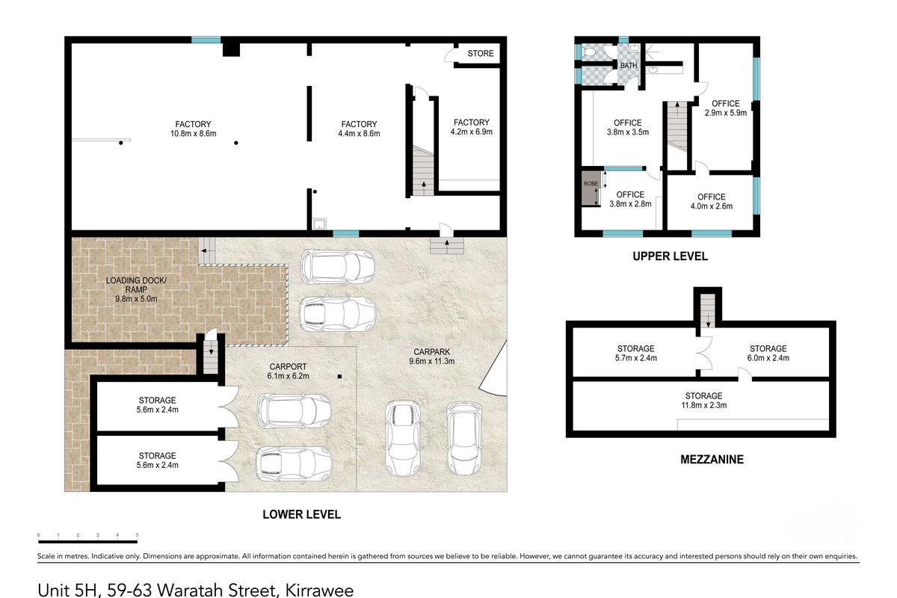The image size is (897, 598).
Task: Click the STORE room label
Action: click(x=481, y=53)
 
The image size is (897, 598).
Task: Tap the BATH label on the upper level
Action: click(x=629, y=65)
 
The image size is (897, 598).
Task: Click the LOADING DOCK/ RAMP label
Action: click(x=136, y=289)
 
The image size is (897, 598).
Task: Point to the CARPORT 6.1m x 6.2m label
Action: click(x=288, y=372)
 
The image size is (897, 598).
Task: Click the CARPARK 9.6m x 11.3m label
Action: click(x=432, y=357)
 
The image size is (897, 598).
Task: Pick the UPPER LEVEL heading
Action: click(x=670, y=256)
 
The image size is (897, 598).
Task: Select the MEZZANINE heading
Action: click(x=712, y=460)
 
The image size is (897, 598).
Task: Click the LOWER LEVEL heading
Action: click(x=301, y=515)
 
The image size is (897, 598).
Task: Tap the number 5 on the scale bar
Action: click(x=137, y=535)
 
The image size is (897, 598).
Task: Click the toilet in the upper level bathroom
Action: click(x=590, y=52)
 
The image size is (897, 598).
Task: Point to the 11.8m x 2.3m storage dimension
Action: click(x=704, y=405)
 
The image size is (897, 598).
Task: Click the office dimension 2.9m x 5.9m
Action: click(x=726, y=113)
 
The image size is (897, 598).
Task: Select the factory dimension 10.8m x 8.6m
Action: click(x=193, y=134)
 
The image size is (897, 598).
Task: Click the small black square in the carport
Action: click(x=339, y=377)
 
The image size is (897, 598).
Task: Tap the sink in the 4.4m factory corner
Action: click(x=319, y=224)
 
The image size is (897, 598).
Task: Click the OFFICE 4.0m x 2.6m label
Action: click(x=711, y=202)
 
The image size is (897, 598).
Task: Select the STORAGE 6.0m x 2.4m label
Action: click(x=768, y=354)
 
